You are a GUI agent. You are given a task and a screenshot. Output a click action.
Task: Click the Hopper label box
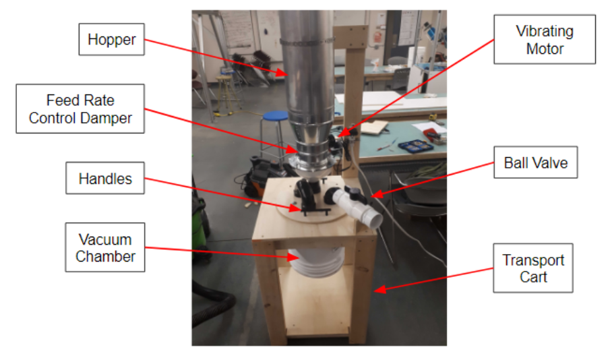(x=112, y=40)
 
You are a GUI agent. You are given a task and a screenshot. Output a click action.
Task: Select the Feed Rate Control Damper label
(x=80, y=109)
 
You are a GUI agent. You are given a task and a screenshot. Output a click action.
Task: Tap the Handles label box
(x=105, y=179)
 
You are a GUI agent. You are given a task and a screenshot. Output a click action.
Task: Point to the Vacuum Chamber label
(x=105, y=247)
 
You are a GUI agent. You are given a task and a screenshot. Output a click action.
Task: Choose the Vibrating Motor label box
(x=545, y=40)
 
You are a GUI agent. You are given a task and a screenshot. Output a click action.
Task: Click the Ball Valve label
(x=536, y=162)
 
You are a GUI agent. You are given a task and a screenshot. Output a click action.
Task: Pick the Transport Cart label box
(x=533, y=268)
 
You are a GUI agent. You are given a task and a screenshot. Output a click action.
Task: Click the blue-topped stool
(x=274, y=118)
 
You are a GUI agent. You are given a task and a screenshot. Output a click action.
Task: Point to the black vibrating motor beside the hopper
(x=335, y=142)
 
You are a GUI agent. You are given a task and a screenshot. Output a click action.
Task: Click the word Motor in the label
(x=545, y=49)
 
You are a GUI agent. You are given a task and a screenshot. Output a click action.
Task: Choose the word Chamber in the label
(x=105, y=256)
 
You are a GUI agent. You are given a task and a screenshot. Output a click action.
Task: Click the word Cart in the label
(x=533, y=277)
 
